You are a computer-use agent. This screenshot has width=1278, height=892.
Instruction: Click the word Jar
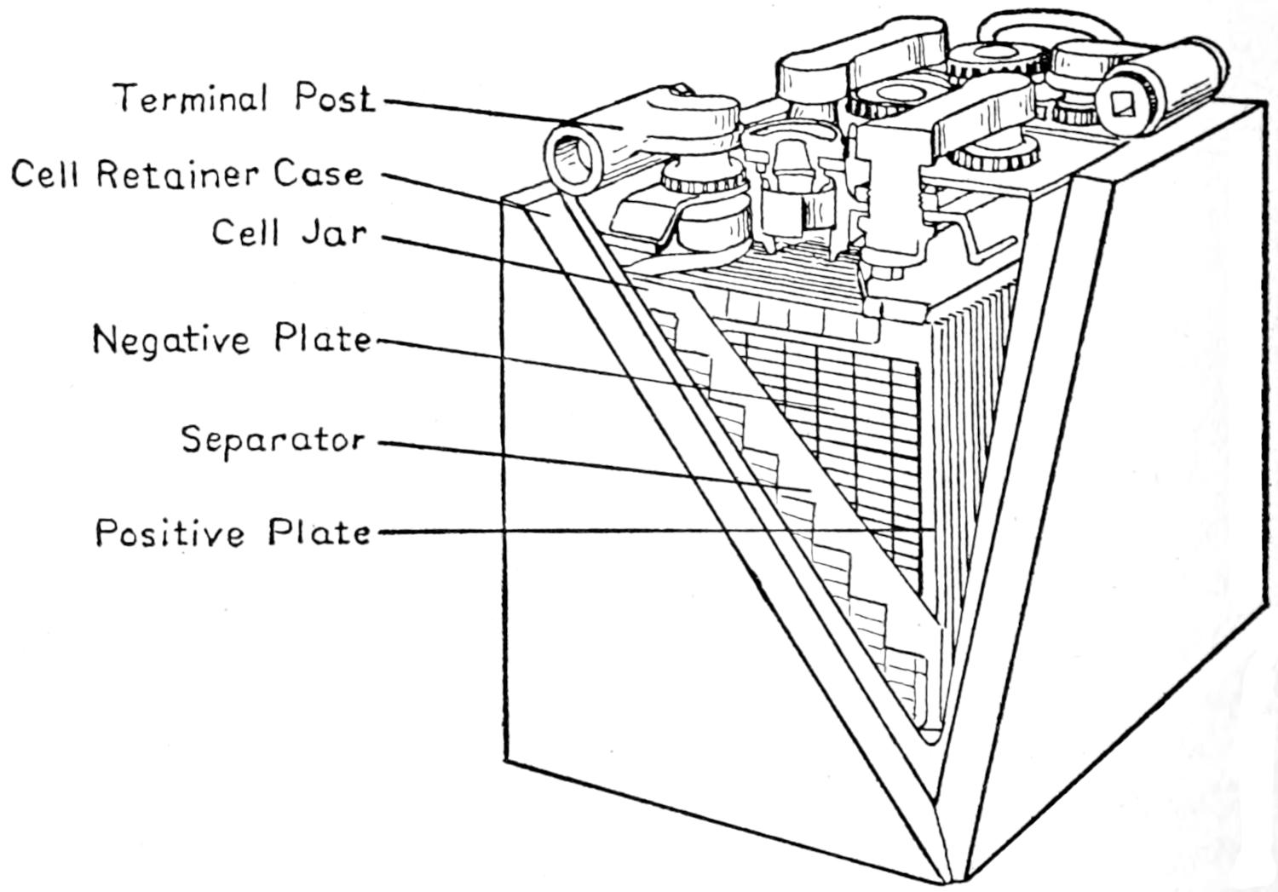pos(335,232)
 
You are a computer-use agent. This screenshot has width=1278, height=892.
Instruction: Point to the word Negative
pos(171,339)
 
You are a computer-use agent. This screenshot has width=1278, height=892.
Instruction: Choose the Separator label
pos(273,440)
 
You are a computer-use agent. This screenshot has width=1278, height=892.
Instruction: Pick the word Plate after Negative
pos(324,339)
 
